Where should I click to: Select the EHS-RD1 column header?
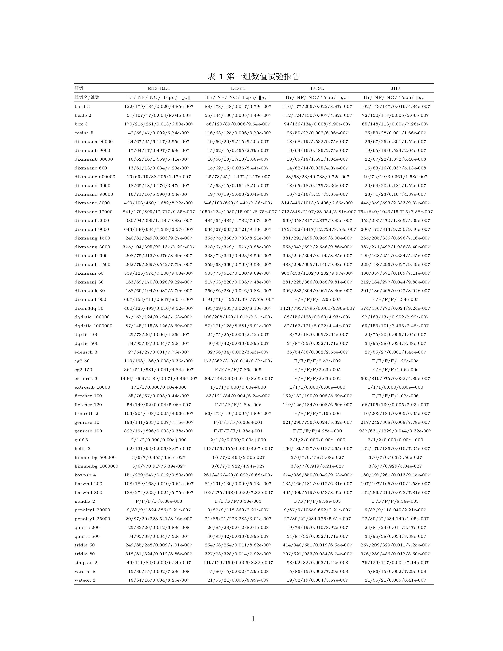coord(159,88)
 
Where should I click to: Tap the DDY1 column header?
coord(238,88)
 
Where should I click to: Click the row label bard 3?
coord(82,106)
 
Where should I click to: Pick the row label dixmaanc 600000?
coord(95,177)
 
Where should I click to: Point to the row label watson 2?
coord(85,580)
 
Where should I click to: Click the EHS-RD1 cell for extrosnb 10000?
coord(159,387)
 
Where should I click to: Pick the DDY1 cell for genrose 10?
coord(238,422)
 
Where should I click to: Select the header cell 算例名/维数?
coord(87,97)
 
